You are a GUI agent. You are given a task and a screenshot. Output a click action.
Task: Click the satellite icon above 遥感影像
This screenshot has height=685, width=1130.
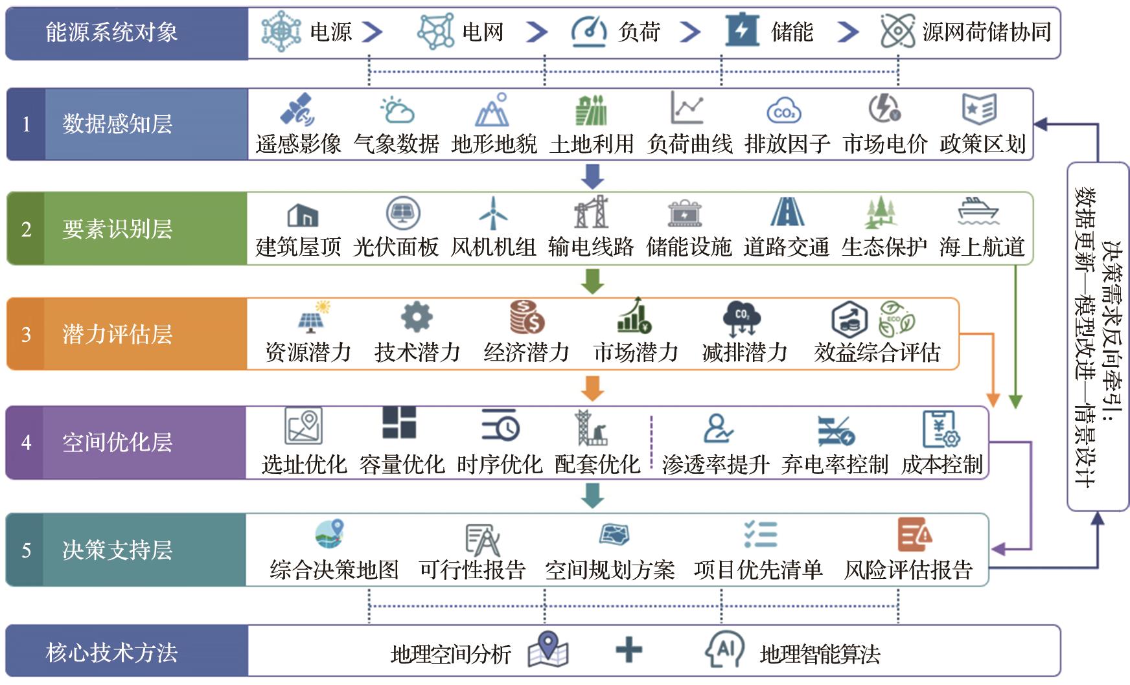297,109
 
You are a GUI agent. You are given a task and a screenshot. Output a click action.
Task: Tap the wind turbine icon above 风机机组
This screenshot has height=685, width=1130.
493,212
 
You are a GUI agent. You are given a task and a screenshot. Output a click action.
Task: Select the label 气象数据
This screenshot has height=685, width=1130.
397,144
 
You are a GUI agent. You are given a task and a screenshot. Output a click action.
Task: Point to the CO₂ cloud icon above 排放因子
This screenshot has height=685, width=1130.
784,111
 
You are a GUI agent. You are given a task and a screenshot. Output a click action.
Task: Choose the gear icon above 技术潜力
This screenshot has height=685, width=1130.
417,317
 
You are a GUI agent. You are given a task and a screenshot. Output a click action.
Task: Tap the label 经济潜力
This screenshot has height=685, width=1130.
527,352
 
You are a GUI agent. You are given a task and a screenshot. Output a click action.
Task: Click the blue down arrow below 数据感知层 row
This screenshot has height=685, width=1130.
593,176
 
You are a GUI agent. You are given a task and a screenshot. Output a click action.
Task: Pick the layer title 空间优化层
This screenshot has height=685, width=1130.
117,442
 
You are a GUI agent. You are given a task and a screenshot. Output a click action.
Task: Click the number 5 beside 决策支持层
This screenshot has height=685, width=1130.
26,550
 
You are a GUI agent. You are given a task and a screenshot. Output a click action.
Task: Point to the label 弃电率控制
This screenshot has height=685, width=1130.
835,464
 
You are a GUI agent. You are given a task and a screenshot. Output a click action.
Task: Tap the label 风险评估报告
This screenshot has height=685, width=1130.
908,570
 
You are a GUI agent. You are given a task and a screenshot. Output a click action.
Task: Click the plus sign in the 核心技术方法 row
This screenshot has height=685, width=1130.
628,649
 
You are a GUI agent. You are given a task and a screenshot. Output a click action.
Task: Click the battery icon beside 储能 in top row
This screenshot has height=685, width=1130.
743,30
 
